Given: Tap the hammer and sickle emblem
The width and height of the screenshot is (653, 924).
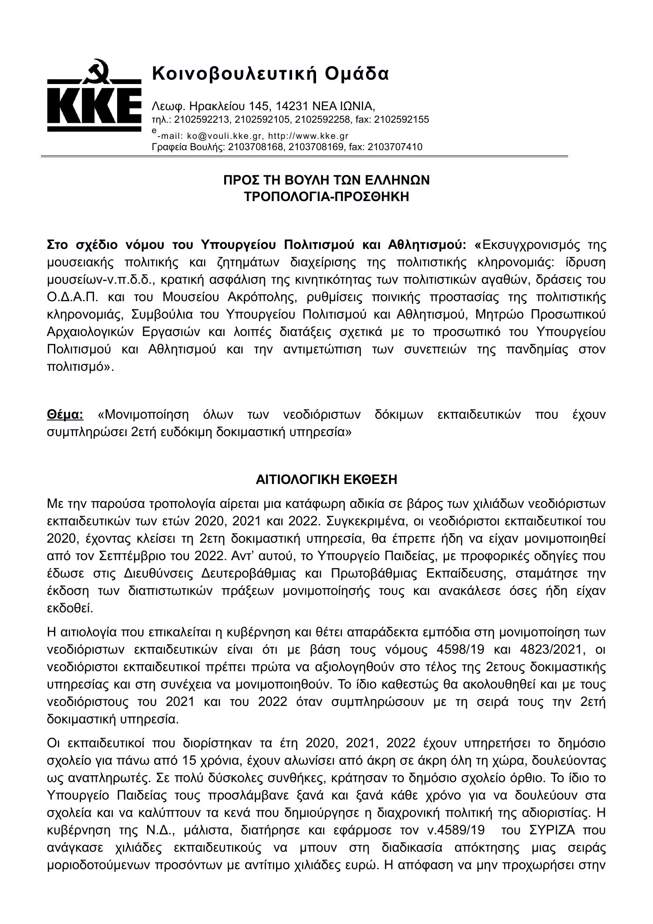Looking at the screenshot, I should coord(95,71).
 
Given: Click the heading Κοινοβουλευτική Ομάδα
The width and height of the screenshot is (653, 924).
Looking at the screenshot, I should coord(270,74).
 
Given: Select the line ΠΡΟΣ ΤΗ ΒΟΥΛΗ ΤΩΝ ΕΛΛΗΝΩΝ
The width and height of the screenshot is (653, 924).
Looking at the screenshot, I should coord(326,180).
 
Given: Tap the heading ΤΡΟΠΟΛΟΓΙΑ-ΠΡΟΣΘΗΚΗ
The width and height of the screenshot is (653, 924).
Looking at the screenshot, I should coord(326,197).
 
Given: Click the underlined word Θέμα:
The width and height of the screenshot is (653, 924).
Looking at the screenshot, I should coord(65,414).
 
